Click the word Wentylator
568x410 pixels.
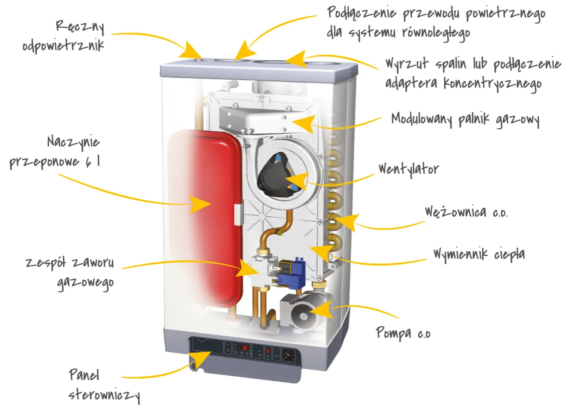408,169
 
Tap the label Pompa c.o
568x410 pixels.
402,332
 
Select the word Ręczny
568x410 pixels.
80,27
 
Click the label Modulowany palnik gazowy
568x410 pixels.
465,120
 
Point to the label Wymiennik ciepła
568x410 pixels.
479,254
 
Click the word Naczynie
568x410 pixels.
73,141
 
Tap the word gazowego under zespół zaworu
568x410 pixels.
85,283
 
